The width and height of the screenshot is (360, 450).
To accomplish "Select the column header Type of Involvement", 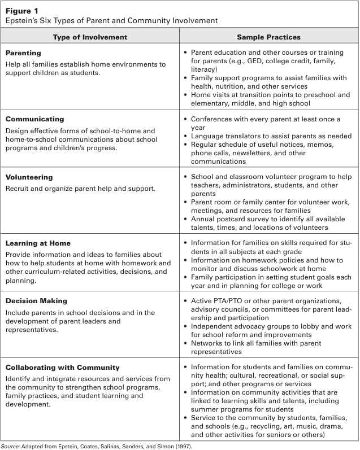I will tap(90, 37).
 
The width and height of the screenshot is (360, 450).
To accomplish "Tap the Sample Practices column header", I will tap(268, 37).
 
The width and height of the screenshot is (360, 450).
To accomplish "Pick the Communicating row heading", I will tap(34, 120).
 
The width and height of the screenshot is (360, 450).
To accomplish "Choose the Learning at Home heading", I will tap(38, 243).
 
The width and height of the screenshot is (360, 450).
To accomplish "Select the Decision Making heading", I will tap(36, 301).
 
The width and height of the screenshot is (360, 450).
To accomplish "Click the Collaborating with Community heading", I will tap(62, 368).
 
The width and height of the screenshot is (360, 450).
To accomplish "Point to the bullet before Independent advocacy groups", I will tap(186, 326).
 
